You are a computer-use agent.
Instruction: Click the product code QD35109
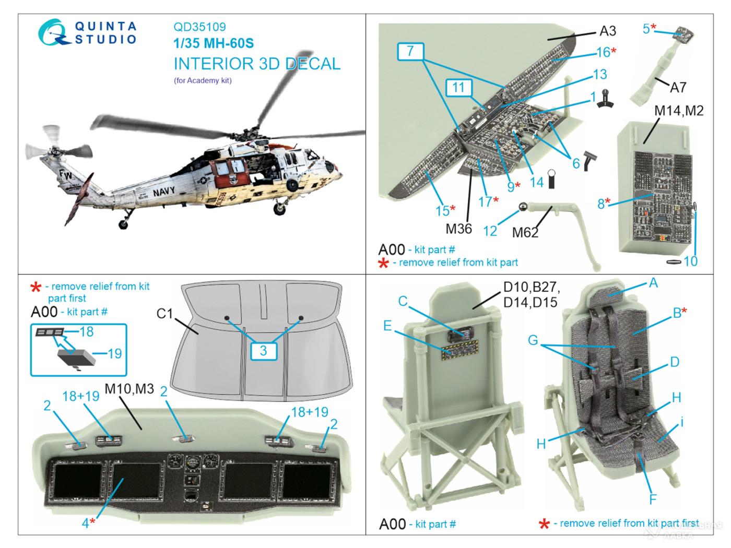click(x=199, y=27)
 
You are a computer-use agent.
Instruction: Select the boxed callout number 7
click(x=410, y=51)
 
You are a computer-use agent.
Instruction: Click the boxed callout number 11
click(x=458, y=87)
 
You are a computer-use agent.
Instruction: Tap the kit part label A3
click(x=607, y=31)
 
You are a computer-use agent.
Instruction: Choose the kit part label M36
click(x=459, y=228)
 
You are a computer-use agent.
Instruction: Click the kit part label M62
click(x=525, y=232)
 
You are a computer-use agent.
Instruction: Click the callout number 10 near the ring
click(x=690, y=260)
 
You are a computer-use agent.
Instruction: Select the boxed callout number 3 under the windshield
click(x=263, y=351)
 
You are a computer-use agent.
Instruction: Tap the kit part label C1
click(x=164, y=313)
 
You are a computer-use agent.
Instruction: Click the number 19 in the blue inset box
click(x=114, y=353)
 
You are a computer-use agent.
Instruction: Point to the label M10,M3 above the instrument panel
click(x=129, y=388)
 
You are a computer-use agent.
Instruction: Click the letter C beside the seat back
click(x=402, y=301)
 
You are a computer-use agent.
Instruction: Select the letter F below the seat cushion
click(x=652, y=498)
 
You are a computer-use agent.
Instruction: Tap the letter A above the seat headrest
click(x=653, y=283)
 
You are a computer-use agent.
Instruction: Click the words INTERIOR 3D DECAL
click(x=257, y=64)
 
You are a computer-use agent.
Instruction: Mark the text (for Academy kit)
click(x=202, y=80)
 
